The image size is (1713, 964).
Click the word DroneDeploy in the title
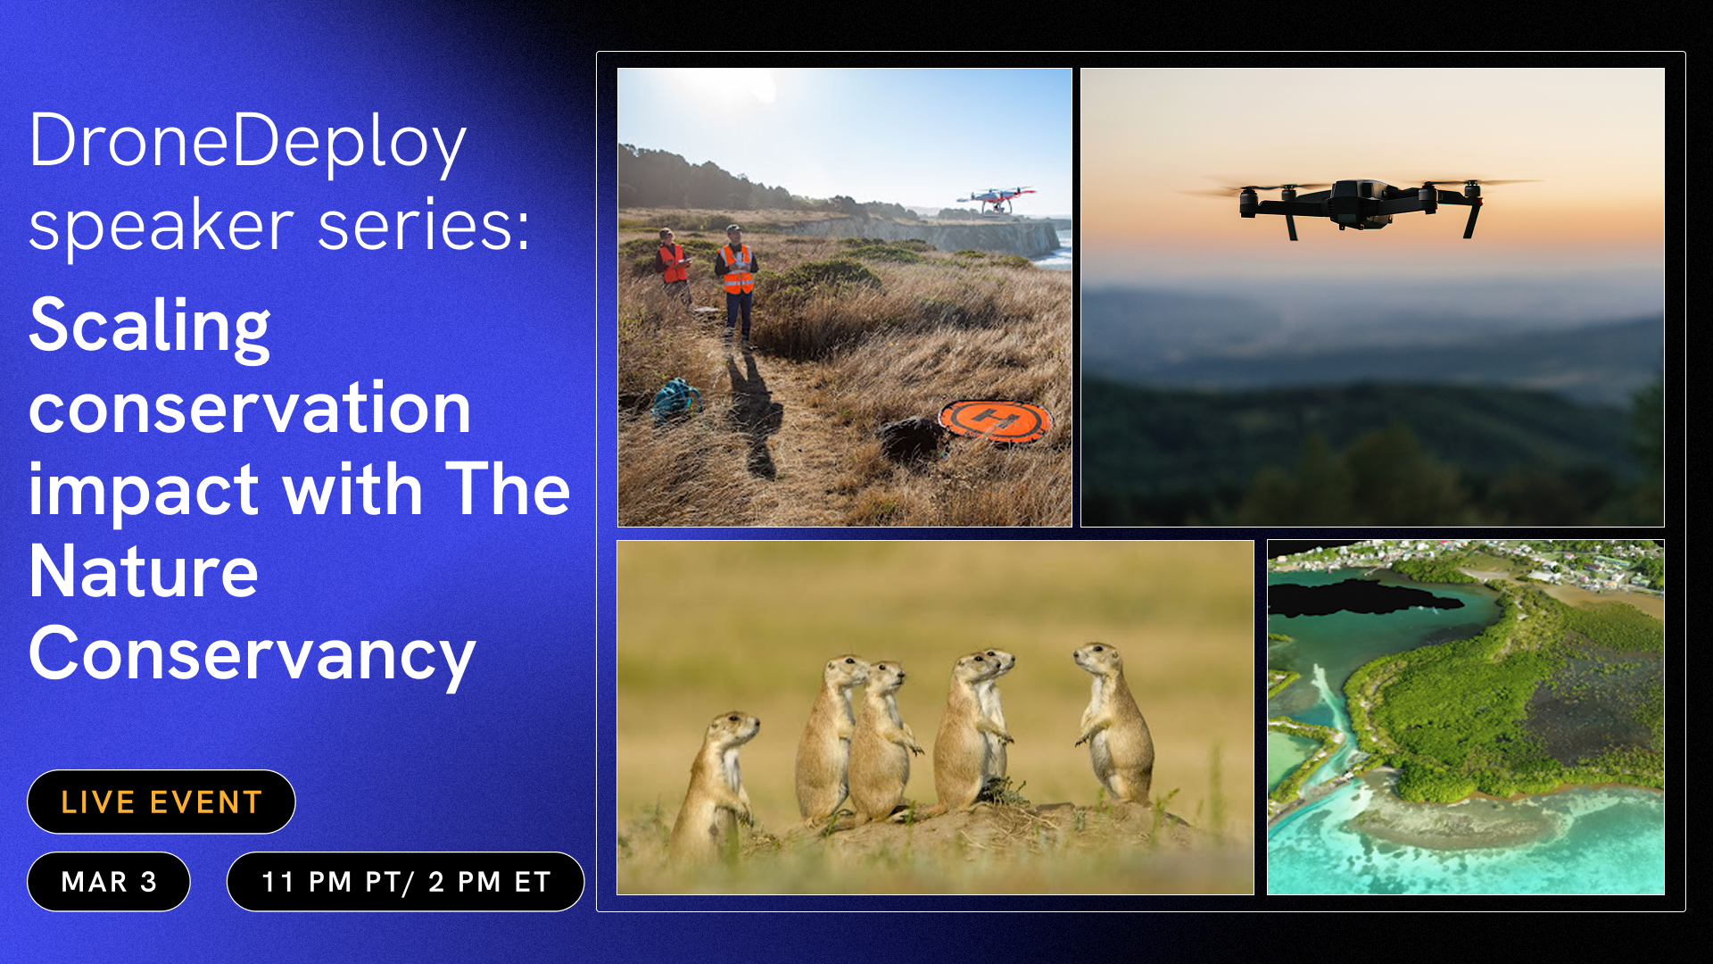pyautogui.click(x=247, y=142)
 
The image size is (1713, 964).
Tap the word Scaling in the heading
pyautogui.click(x=149, y=326)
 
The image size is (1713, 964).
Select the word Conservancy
pyautogui.click(x=252, y=654)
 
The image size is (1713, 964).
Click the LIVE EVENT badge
pyautogui.click(x=161, y=802)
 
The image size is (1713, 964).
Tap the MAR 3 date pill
pyautogui.click(x=109, y=882)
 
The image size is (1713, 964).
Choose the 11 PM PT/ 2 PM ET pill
pyautogui.click(x=406, y=882)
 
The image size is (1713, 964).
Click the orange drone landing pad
pyautogui.click(x=994, y=419)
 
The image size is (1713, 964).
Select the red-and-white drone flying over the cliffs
pyautogui.click(x=997, y=199)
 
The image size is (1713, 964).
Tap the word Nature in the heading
pyautogui.click(x=144, y=572)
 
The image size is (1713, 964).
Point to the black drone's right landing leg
pyautogui.click(x=1472, y=219)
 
